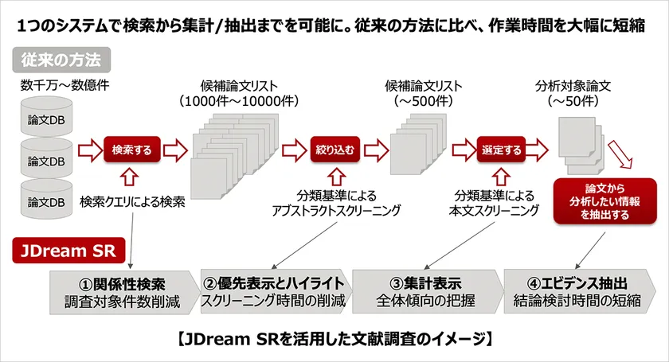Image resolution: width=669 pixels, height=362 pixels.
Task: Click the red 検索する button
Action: pyautogui.click(x=132, y=150)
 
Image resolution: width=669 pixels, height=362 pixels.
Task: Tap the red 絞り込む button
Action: pyautogui.click(x=335, y=150)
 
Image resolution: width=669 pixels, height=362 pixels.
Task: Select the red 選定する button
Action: pyautogui.click(x=501, y=150)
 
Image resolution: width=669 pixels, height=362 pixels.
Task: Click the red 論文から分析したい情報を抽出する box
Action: pyautogui.click(x=604, y=201)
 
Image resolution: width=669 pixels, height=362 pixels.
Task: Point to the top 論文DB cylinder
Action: pyautogui.click(x=46, y=116)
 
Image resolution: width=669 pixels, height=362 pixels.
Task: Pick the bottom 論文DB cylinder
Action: pyautogui.click(x=46, y=199)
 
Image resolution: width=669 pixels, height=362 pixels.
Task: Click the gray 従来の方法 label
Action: pyautogui.click(x=61, y=60)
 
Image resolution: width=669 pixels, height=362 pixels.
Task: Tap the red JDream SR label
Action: pyautogui.click(x=68, y=251)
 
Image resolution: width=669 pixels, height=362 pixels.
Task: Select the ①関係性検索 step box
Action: pyautogui.click(x=123, y=293)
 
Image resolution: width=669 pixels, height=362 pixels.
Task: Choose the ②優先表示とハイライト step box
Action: pyautogui.click(x=276, y=292)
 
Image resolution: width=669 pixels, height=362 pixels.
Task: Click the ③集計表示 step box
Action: pyautogui.click(x=427, y=292)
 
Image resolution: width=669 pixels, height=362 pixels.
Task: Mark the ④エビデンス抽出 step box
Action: pyautogui.click(x=579, y=292)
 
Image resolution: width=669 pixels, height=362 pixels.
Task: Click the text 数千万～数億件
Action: pyautogui.click(x=65, y=85)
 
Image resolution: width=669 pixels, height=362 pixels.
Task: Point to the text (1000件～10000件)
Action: pyautogui.click(x=239, y=101)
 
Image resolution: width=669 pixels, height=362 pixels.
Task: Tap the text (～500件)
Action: pyautogui.click(x=423, y=101)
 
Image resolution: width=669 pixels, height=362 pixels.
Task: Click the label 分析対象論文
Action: pyautogui.click(x=573, y=86)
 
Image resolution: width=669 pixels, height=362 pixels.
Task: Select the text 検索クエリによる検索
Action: pyautogui.click(x=132, y=201)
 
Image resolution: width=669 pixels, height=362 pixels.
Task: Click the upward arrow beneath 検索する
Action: pyautogui.click(x=129, y=177)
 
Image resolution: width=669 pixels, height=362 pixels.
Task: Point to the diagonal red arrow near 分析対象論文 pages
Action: pyautogui.click(x=620, y=154)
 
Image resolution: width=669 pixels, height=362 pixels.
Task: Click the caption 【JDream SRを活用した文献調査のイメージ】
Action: pyautogui.click(x=334, y=340)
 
